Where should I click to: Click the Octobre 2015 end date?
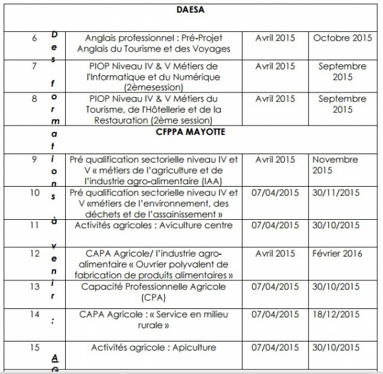pos(342,38)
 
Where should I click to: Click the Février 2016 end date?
pos(338,254)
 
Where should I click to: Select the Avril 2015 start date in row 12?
pos(275,254)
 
